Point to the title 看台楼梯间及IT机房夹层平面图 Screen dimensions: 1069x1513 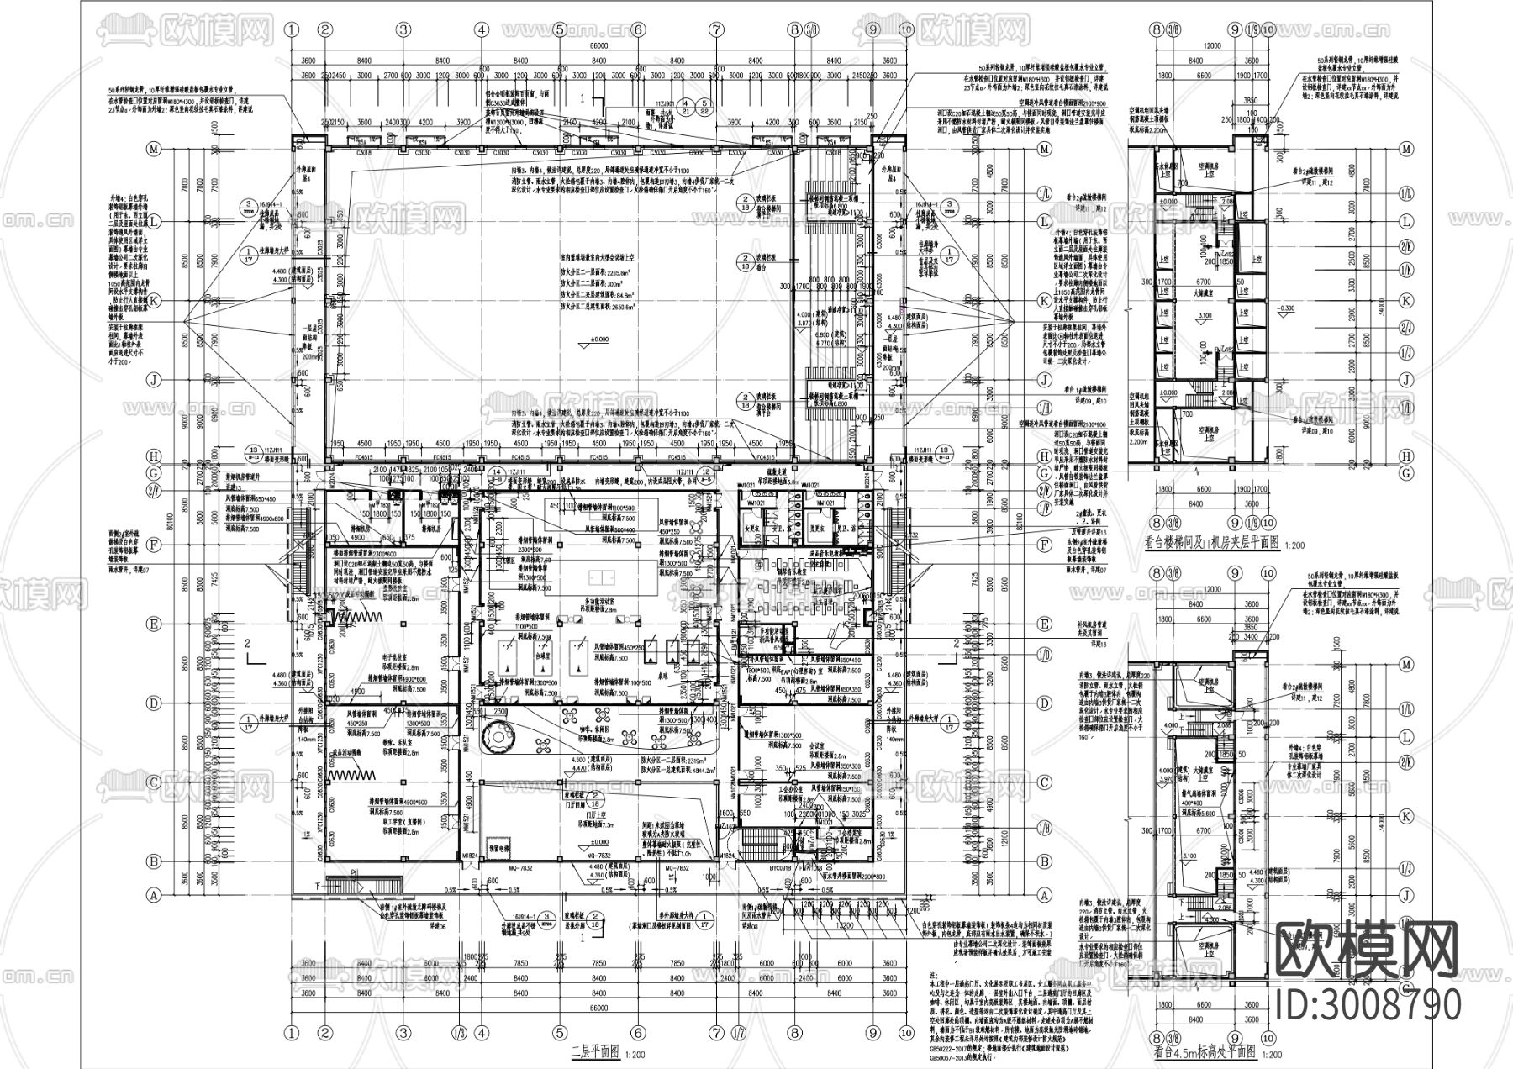pos(1212,544)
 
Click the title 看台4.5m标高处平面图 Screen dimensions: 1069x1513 pos(1205,1051)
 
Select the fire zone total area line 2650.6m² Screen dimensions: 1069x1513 pos(598,308)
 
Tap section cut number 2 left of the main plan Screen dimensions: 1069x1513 pos(247,644)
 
